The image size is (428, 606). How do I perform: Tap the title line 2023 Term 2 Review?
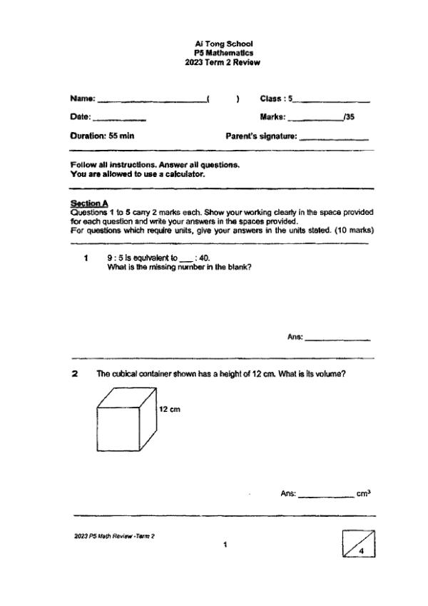[x=223, y=62]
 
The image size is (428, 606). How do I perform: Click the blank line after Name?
[x=151, y=101]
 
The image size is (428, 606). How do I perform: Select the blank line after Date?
[x=120, y=118]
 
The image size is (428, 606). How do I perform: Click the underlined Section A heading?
[x=84, y=204]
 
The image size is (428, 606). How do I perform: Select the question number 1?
[x=85, y=259]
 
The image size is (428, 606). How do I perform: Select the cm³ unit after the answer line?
[x=363, y=493]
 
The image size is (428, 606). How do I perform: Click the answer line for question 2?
[x=325, y=495]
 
